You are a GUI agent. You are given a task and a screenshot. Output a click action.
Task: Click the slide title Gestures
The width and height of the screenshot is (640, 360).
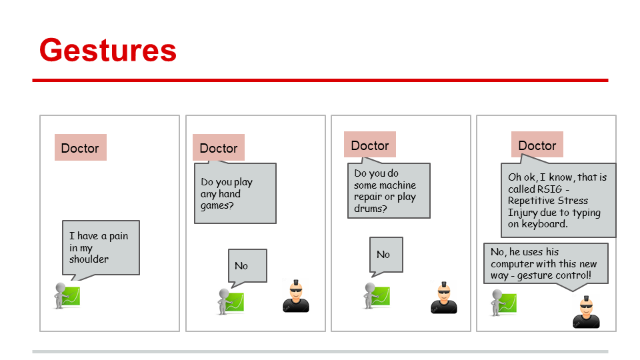tap(107, 51)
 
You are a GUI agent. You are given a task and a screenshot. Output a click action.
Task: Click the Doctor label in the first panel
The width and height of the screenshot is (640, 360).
tap(80, 148)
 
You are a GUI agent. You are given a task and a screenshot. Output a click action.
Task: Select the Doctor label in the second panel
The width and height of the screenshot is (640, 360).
tap(219, 148)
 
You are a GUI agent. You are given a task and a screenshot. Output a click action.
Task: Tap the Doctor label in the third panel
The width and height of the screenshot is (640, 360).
tap(370, 145)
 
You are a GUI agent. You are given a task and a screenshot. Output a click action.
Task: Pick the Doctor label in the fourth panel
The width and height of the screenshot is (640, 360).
tap(537, 145)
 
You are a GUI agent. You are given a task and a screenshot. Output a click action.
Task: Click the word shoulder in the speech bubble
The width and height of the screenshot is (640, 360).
tap(89, 259)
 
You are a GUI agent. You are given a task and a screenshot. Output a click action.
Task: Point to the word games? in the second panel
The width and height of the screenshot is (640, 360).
tap(216, 206)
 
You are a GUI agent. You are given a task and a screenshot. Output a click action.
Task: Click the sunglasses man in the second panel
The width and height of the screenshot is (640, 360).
tap(295, 297)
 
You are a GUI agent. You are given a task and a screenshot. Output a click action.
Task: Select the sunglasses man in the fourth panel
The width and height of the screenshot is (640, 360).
tap(586, 312)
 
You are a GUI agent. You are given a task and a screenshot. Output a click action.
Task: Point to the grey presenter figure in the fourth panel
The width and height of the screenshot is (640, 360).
tap(505, 302)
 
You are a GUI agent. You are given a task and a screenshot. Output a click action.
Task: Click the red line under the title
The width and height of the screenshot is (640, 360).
tap(320, 80)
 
